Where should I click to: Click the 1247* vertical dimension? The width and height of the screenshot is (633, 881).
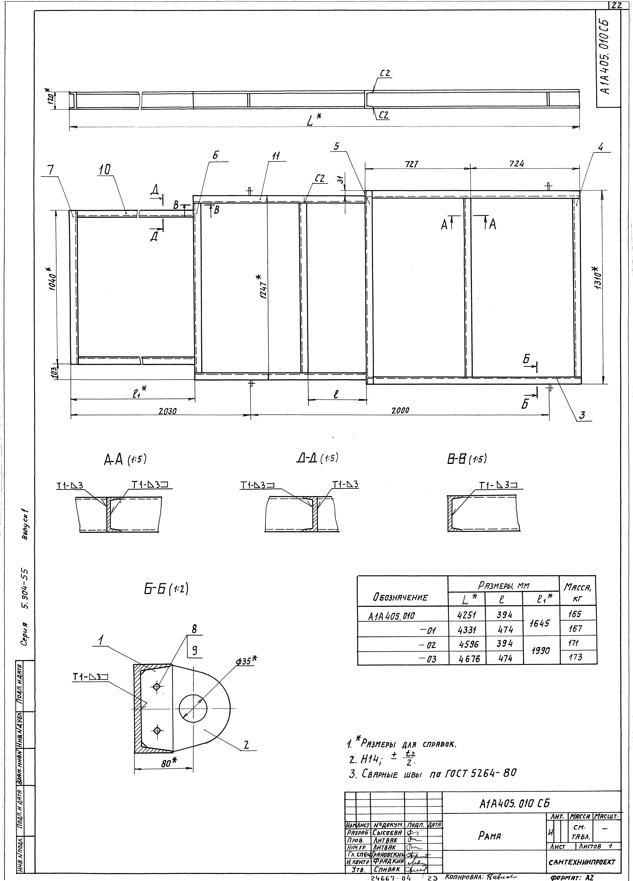tap(263, 287)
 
